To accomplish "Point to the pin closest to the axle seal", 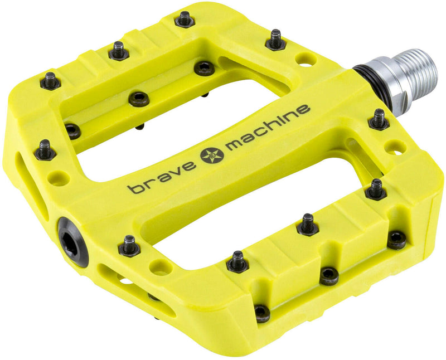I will [x=379, y=119].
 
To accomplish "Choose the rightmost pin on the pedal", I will [x=396, y=239].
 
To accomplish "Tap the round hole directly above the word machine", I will [x=306, y=59].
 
